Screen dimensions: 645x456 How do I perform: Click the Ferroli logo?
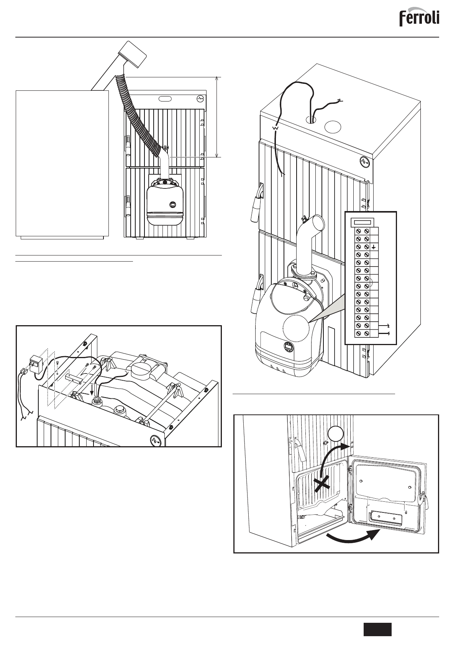(419, 18)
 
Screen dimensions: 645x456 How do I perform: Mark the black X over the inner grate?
(323, 484)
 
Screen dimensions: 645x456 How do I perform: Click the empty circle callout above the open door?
(335, 434)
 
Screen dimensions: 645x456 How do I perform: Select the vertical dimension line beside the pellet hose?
(217, 117)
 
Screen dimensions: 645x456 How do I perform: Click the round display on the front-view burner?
(173, 205)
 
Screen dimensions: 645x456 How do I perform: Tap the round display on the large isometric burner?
(289, 347)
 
